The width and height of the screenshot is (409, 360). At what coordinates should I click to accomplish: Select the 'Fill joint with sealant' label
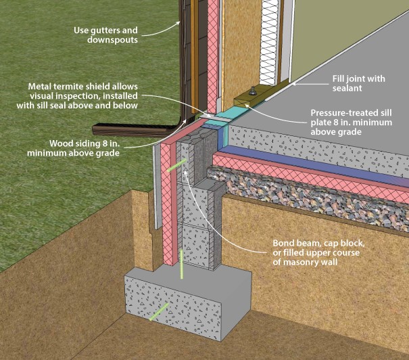(x=358, y=83)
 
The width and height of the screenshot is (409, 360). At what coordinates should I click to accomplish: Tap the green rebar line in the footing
(x=159, y=312)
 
